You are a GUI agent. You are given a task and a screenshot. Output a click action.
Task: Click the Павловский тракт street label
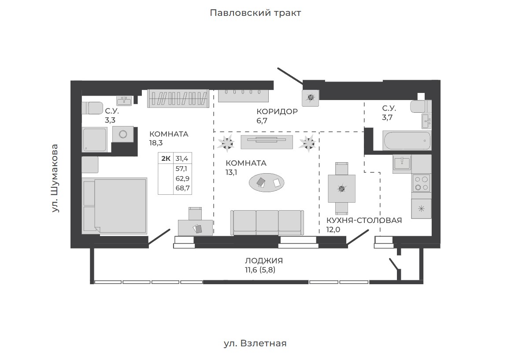click(x=255, y=13)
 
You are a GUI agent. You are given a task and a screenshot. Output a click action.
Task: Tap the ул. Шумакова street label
click(x=55, y=178)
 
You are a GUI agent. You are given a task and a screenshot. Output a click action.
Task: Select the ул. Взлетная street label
click(x=255, y=344)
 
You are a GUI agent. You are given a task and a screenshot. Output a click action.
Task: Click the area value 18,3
click(x=156, y=143)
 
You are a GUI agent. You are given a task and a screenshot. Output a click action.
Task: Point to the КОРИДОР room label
click(x=277, y=111)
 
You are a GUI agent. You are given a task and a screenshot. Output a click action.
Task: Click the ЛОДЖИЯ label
click(x=264, y=261)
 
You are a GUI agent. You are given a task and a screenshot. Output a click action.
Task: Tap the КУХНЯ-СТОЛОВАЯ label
click(x=364, y=220)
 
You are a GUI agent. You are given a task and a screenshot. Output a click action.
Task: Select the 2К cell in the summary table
click(x=166, y=158)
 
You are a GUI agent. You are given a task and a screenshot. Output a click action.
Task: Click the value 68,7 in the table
click(x=182, y=188)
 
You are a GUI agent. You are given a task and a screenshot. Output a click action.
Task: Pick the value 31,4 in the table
click(x=182, y=158)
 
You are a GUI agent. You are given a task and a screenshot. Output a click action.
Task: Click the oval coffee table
click(x=267, y=182)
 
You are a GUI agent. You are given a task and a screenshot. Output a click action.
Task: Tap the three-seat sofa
click(x=267, y=223)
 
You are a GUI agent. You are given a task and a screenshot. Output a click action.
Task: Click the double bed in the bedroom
click(x=115, y=206)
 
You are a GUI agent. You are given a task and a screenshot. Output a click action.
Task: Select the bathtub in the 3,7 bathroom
click(x=407, y=141)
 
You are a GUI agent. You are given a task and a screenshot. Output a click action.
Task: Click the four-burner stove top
click(x=422, y=184)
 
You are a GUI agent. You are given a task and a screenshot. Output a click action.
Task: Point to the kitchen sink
click(x=402, y=163)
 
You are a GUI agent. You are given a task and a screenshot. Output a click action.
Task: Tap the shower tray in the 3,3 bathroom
click(x=95, y=140)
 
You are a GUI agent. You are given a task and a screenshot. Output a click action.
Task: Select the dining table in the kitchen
click(x=341, y=189)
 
